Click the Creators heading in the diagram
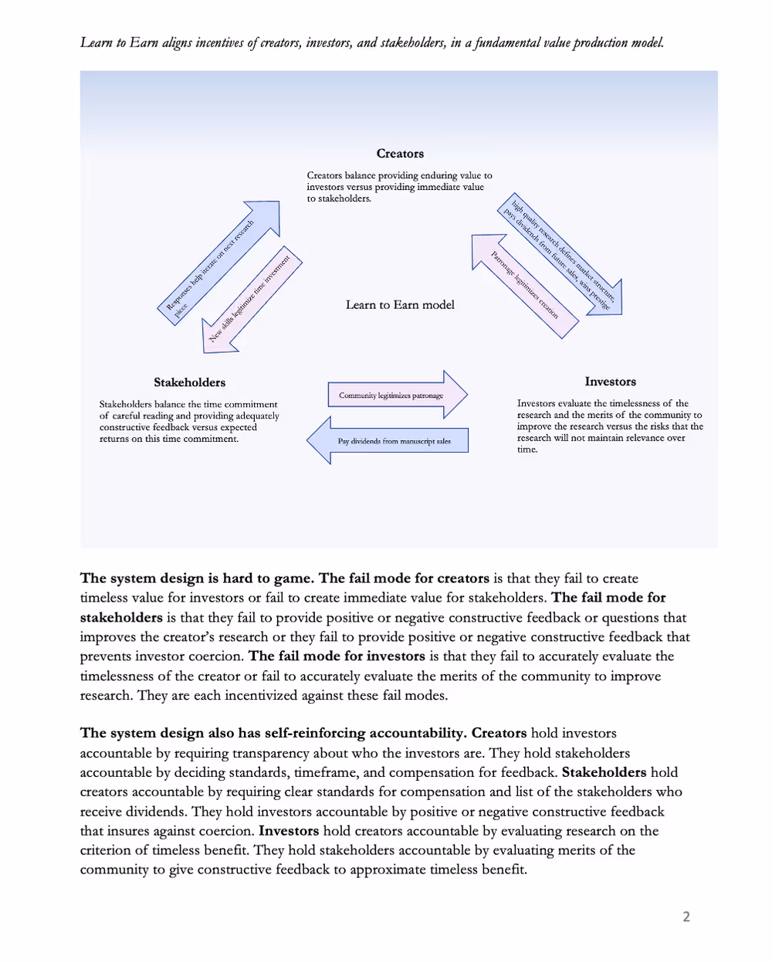pyautogui.click(x=400, y=154)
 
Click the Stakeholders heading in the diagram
pyautogui.click(x=189, y=382)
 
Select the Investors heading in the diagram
pyautogui.click(x=610, y=381)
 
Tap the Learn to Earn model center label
pyautogui.click(x=400, y=305)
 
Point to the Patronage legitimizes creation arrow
pyautogui.click(x=525, y=286)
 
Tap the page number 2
pyautogui.click(x=686, y=917)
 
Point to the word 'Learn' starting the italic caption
pyautogui.click(x=96, y=42)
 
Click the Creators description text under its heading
pyautogui.click(x=399, y=187)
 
